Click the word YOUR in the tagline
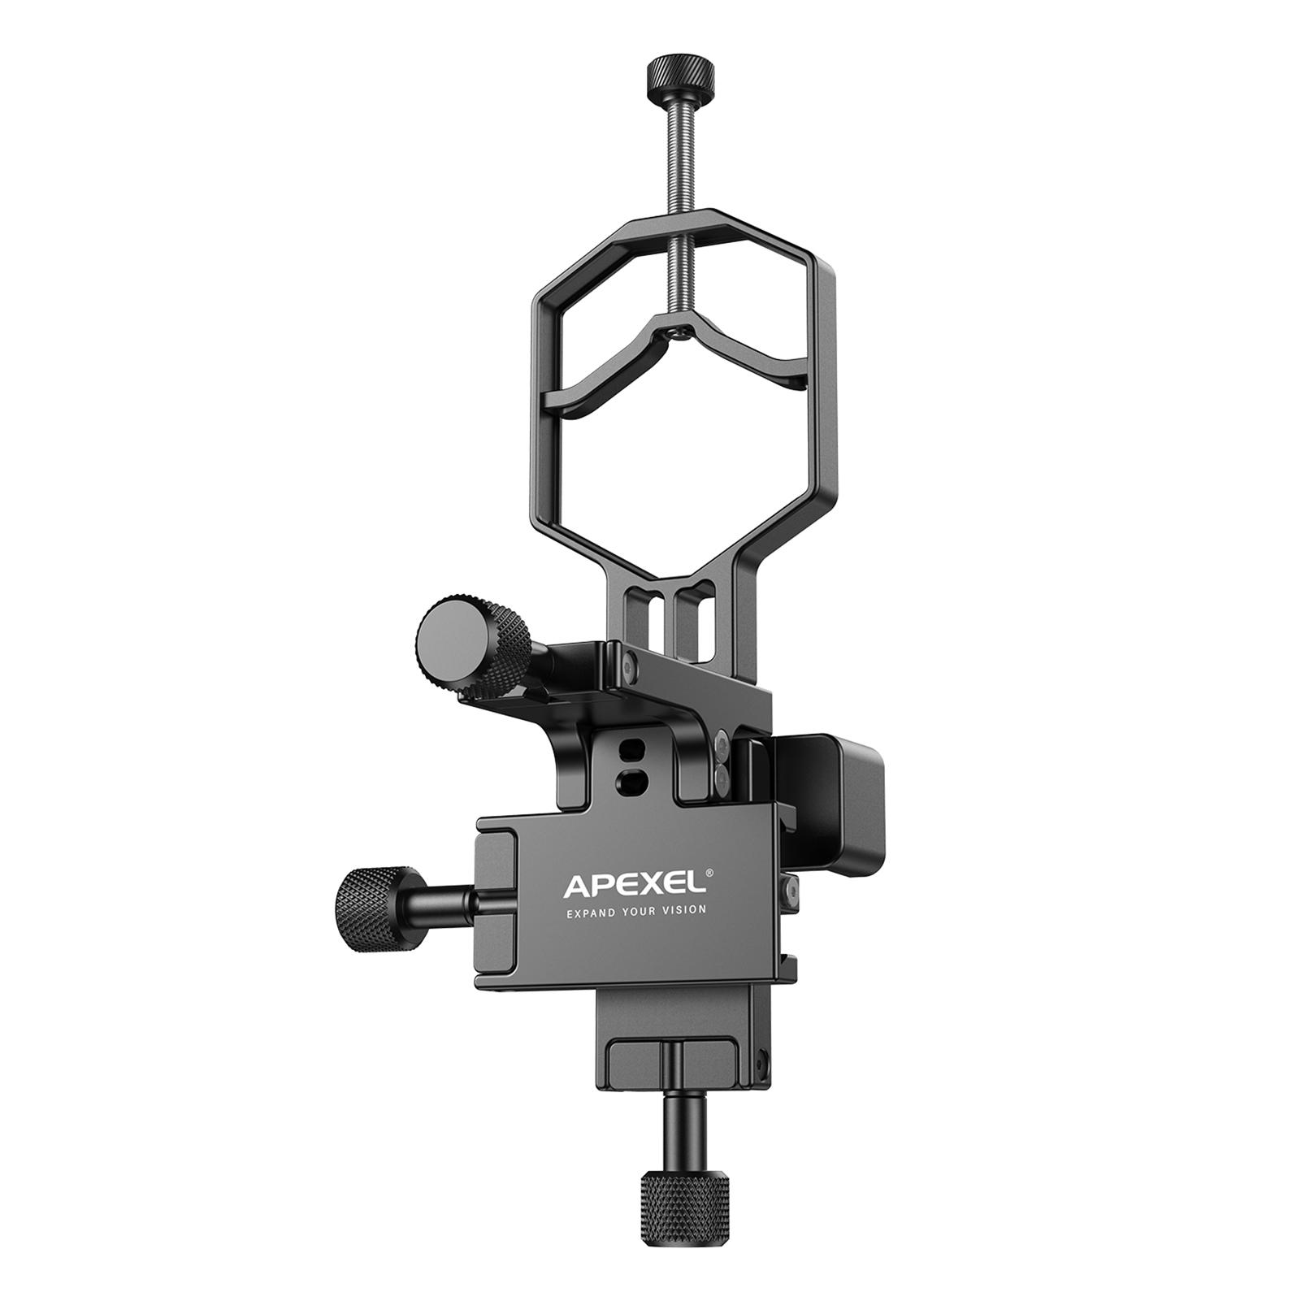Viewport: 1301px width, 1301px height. [643, 912]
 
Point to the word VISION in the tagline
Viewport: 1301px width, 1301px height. [685, 912]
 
